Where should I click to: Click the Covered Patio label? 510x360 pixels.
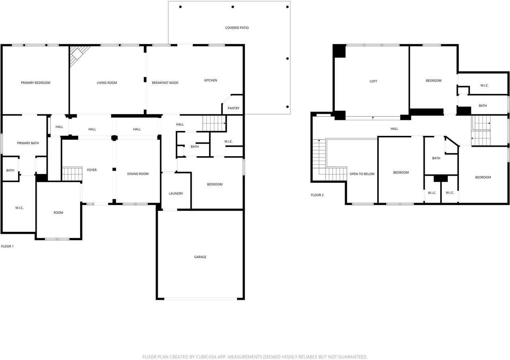[x=237, y=28]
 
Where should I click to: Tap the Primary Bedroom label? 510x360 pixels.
[x=35, y=83]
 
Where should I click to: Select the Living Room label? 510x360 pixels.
[x=107, y=83]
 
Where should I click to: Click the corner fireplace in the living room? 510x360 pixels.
[x=78, y=54]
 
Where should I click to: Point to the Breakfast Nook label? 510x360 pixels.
[x=165, y=83]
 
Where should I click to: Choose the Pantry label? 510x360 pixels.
[x=233, y=108]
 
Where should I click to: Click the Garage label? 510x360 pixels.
[x=200, y=257]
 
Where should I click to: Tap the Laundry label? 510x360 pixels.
[x=176, y=194]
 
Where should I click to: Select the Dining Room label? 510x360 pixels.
[x=138, y=174]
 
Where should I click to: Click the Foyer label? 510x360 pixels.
[x=92, y=170]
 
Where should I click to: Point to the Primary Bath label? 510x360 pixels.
[x=28, y=143]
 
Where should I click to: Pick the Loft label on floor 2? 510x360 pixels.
[x=373, y=81]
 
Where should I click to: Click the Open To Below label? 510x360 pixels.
[x=362, y=174]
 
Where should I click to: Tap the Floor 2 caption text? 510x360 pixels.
[x=317, y=195]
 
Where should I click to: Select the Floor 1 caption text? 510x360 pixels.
[x=7, y=247]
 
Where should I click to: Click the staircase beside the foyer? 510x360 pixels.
[x=72, y=174]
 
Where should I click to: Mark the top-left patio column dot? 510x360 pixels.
[x=180, y=7]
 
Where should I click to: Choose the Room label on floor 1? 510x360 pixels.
[x=58, y=213]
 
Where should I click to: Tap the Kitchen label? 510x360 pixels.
[x=211, y=80]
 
